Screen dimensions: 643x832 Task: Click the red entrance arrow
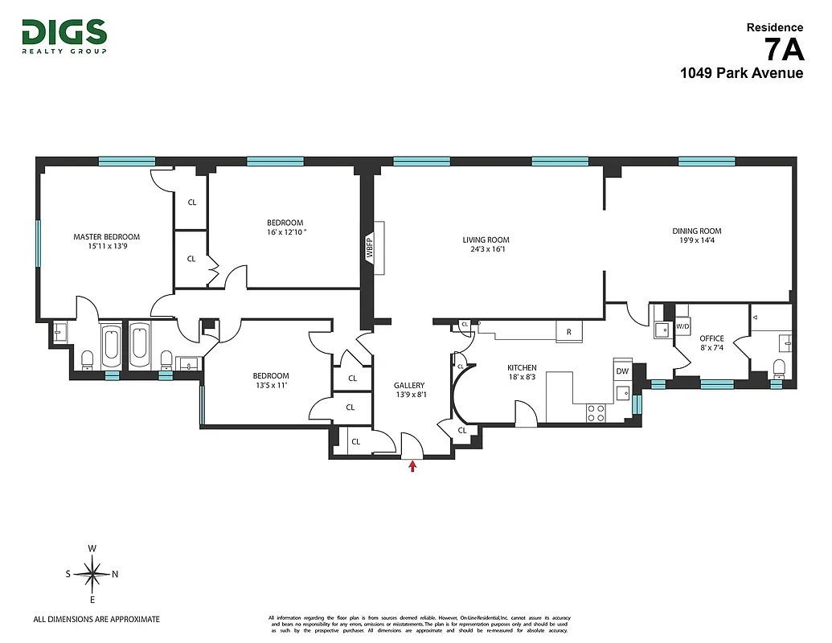[413, 465]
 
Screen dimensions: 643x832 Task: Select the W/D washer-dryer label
[682, 327]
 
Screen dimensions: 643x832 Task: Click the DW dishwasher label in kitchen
[622, 371]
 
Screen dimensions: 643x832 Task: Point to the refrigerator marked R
[569, 331]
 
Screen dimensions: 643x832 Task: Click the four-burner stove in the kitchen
[596, 412]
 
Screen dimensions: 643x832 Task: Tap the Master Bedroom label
[106, 237]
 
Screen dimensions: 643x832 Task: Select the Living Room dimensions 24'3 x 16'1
[486, 250]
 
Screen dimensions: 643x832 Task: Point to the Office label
[711, 338]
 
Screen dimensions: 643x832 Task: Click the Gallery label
[409, 385]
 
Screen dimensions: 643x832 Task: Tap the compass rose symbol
[92, 574]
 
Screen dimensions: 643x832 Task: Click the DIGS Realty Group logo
[64, 35]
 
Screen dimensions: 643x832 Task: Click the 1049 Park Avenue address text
[741, 73]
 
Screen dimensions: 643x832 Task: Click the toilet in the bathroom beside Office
[777, 369]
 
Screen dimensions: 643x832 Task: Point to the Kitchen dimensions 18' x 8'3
[521, 377]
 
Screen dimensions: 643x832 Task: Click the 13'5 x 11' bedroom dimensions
[271, 387]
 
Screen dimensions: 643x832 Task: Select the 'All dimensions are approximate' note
[96, 619]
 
